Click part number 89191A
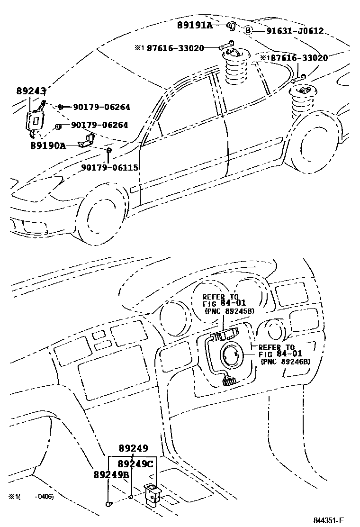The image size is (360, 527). tap(195, 25)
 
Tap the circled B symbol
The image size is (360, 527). tap(248, 31)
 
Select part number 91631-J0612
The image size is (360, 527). tap(295, 31)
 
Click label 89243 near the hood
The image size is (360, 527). tap(31, 91)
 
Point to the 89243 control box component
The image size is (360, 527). tap(35, 120)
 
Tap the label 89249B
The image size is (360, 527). tap(111, 474)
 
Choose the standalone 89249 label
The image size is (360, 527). tap(133, 448)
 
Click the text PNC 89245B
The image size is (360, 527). tap(230, 311)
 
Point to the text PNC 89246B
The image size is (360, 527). tap(285, 361)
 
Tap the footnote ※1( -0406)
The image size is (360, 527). tap(31, 496)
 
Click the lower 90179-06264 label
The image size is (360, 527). tap(99, 126)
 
